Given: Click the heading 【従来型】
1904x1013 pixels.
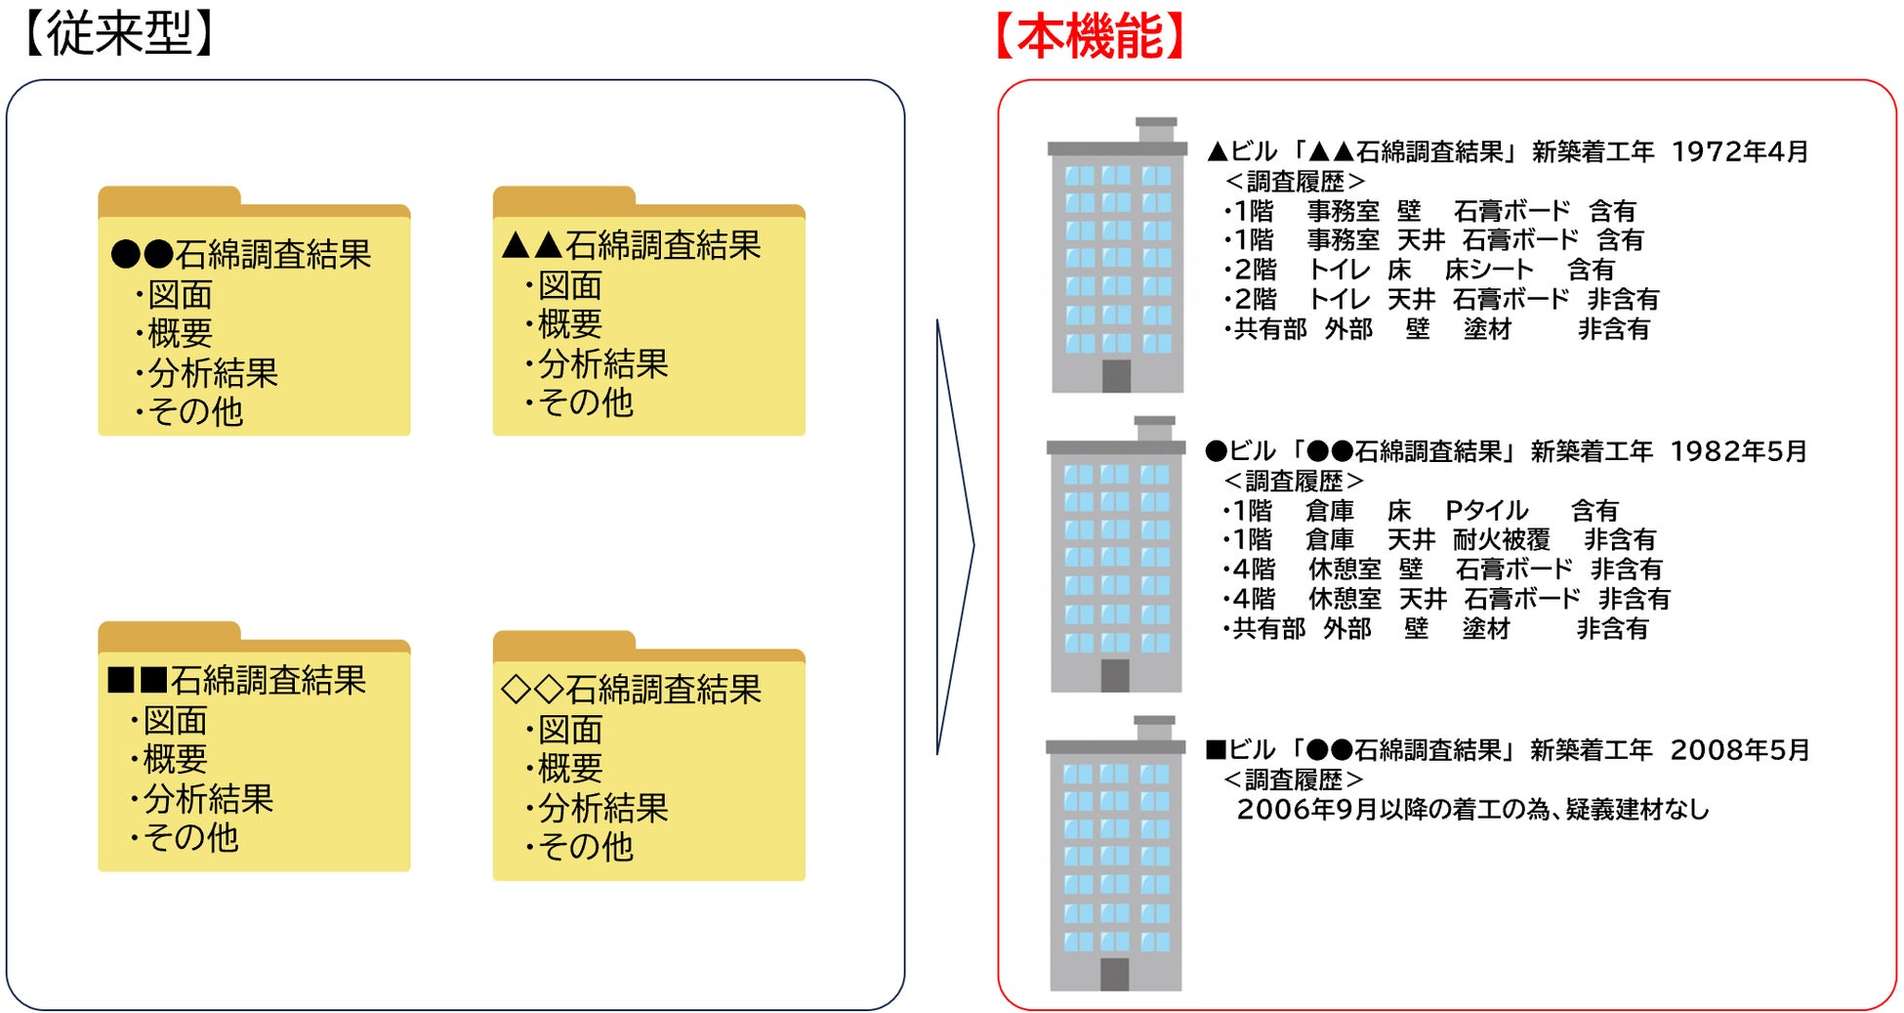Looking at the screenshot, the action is [x=117, y=34].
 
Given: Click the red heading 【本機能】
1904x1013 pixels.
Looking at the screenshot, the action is [x=1091, y=37].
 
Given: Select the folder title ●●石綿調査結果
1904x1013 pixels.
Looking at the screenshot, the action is [x=241, y=254].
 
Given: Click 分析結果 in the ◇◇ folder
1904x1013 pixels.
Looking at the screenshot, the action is [x=602, y=808].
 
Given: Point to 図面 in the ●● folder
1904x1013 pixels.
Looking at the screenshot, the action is [x=180, y=295].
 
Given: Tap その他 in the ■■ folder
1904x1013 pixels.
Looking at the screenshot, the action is [x=190, y=837].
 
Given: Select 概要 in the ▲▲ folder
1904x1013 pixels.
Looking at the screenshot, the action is [x=570, y=324].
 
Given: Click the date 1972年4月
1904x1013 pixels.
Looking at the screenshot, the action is [x=1740, y=151].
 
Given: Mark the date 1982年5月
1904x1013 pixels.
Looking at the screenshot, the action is [x=1738, y=451].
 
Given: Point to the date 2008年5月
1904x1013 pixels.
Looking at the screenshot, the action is [x=1739, y=750].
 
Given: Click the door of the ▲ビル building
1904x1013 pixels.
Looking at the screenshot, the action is [x=1116, y=376].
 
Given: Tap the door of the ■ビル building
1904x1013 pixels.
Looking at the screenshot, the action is [x=1114, y=974].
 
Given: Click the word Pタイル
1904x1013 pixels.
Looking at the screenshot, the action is [x=1486, y=510].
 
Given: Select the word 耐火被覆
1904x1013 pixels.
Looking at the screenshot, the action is [x=1501, y=539].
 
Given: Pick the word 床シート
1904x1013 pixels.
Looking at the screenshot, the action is [x=1489, y=270].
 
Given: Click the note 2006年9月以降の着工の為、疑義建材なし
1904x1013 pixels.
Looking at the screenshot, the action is [x=1472, y=810].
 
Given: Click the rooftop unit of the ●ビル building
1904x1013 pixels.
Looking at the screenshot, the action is [x=1155, y=428].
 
